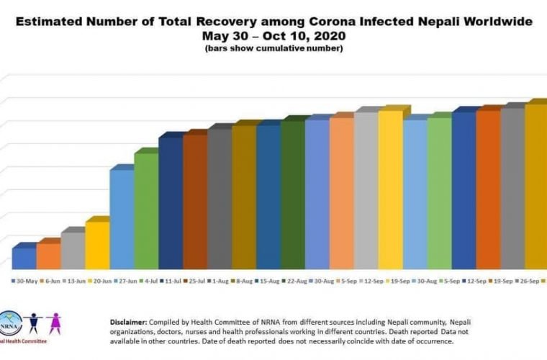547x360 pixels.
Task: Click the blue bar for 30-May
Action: pos(24,257)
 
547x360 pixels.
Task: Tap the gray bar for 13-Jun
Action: pos(72,249)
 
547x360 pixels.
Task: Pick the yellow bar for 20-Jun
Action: pos(96,244)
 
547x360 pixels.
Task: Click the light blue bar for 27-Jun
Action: pos(121,218)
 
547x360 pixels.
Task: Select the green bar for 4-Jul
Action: pos(145,210)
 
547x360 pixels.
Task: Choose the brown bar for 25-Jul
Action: pos(194,201)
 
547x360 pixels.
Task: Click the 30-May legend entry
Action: pos(27,282)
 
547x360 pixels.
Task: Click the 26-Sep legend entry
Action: pos(520,282)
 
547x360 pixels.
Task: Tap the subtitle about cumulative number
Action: pos(273,49)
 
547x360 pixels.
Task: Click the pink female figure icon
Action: pos(53,324)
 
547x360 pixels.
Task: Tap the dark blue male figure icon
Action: pos(32,324)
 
